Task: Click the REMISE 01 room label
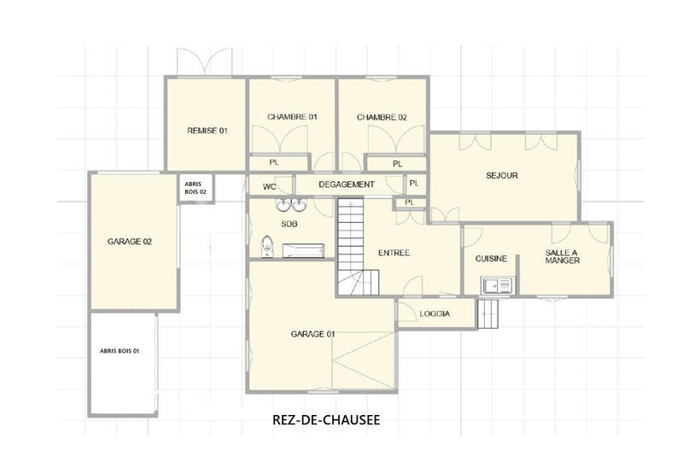[x=207, y=131]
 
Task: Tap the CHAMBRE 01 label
[x=292, y=117]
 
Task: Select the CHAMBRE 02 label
[x=382, y=117]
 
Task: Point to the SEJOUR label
[x=502, y=176]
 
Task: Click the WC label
[x=269, y=185]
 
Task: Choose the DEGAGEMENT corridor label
[x=346, y=184]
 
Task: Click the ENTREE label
[x=394, y=253]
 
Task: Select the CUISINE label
[x=491, y=259]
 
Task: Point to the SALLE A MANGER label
[x=563, y=256]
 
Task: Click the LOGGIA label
[x=435, y=313]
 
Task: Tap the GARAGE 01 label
[x=312, y=334]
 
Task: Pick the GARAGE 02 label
[x=129, y=242]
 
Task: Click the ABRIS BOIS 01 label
[x=119, y=351]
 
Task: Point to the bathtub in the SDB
[x=304, y=250]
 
